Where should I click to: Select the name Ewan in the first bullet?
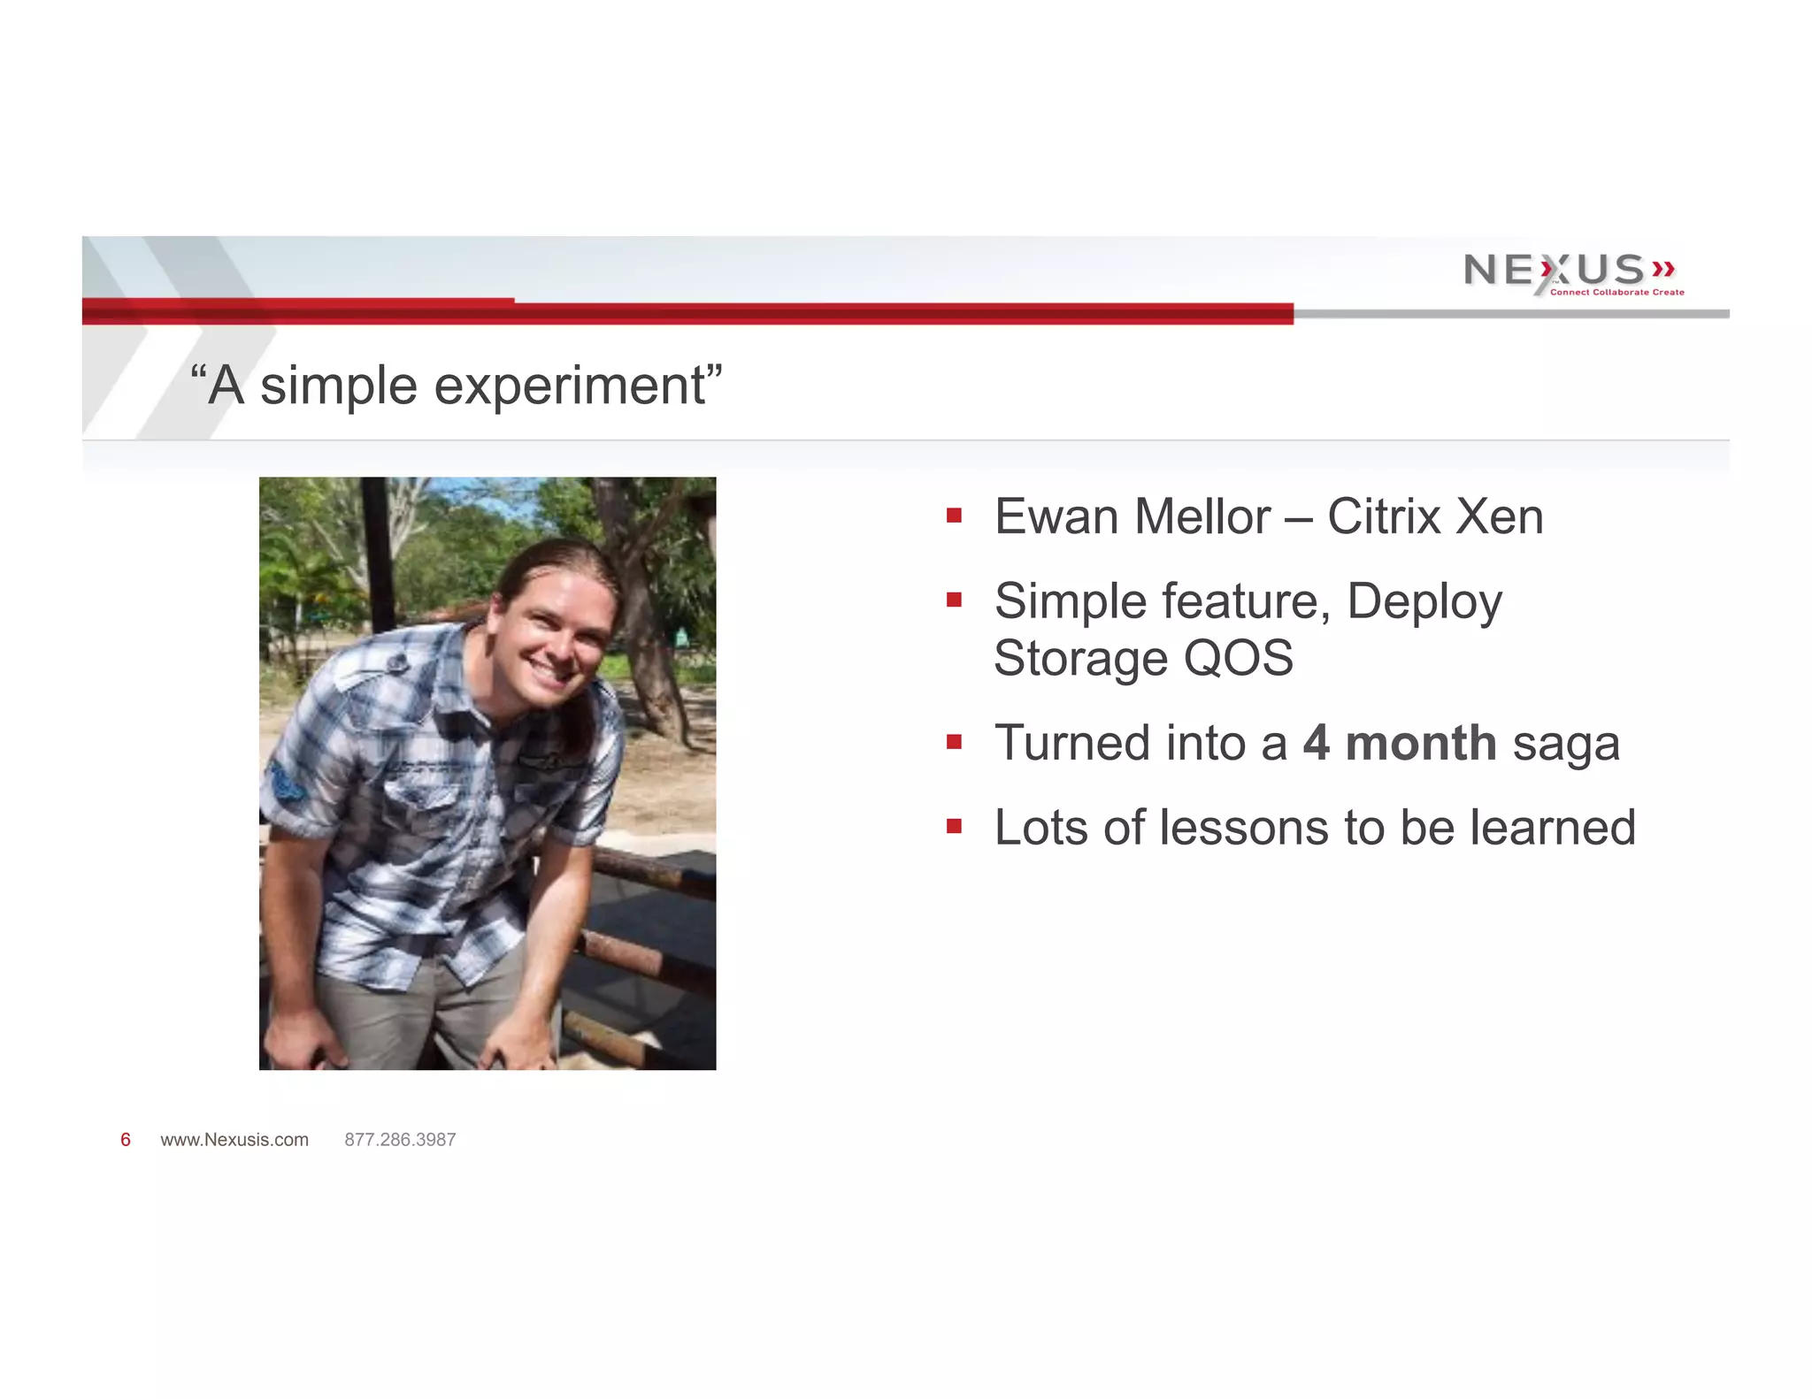click(1056, 516)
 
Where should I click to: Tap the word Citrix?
click(1384, 516)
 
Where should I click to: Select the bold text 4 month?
click(1398, 743)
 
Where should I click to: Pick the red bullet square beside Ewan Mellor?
click(954, 516)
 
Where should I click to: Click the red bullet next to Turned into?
click(954, 742)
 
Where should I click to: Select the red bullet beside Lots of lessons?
click(954, 827)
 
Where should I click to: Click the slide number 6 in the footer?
click(126, 1140)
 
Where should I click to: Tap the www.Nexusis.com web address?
click(234, 1140)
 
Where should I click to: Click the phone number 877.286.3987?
click(400, 1140)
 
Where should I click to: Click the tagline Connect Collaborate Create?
click(1616, 293)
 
